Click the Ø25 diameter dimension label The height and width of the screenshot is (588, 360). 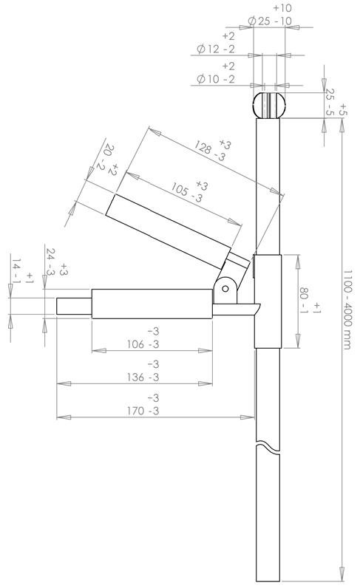tap(270, 21)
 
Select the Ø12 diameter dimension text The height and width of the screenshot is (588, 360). tap(216, 49)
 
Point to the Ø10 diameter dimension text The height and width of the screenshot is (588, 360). tap(216, 79)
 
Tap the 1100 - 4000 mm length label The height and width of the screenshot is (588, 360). tap(347, 310)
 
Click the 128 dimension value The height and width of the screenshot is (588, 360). tap(204, 148)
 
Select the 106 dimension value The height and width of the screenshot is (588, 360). tap(136, 344)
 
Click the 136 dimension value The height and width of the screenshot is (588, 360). tap(136, 377)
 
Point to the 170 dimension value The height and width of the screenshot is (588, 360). tap(136, 411)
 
